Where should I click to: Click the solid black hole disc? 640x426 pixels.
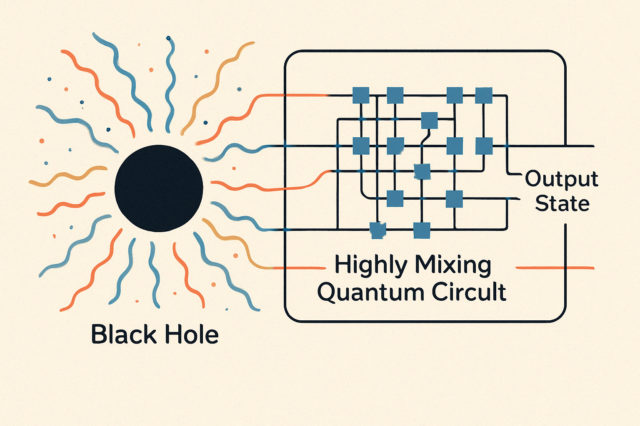point(159,188)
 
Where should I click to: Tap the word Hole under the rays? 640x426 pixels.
point(191,334)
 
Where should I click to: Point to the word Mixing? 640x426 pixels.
point(453,265)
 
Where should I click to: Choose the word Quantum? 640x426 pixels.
point(370,292)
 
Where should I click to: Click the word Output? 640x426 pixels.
point(561,179)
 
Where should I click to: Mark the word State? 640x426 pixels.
point(562,204)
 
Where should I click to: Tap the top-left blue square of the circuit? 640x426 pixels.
point(361,95)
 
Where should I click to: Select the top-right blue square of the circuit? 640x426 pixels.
point(484,95)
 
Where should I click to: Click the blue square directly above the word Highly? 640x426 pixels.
point(378,230)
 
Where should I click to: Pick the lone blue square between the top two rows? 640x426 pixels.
point(429,120)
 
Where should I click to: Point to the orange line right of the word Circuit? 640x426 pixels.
point(554,268)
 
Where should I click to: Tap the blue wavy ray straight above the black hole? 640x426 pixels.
point(170,83)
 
